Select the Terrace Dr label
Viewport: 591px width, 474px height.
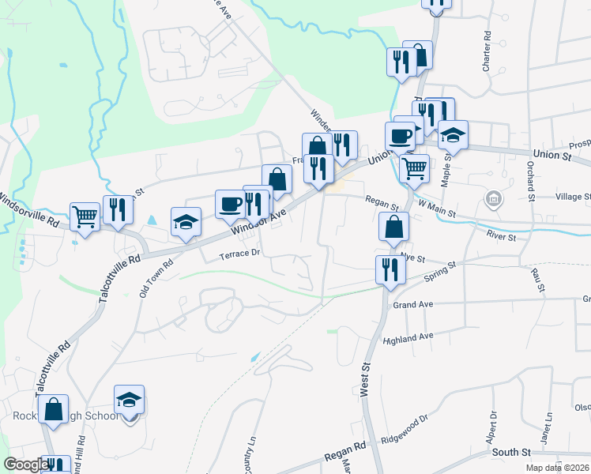pos(239,254)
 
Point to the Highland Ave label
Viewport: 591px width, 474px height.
pos(408,339)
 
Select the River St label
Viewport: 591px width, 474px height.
pos(501,236)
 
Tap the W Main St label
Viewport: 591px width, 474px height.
pos(438,207)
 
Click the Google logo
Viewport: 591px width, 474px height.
pos(26,464)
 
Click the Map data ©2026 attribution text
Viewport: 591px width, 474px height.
pos(557,468)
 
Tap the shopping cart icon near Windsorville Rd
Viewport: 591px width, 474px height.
pos(85,215)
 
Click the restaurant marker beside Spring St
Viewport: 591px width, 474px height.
pos(390,269)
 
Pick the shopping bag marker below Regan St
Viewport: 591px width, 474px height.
pos(393,226)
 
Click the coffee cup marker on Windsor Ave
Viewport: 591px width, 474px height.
pos(230,203)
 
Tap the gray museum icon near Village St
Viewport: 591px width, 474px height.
pos(494,197)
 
